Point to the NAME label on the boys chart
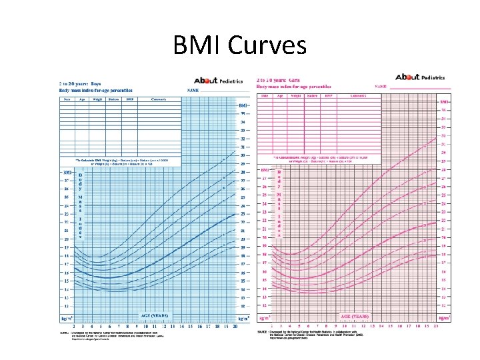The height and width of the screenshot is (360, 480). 193,89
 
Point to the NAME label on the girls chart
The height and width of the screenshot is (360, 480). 382,86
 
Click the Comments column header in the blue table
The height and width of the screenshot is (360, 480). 159,99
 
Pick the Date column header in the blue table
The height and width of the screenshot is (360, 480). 67,99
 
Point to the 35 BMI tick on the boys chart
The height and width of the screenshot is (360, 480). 243,113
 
